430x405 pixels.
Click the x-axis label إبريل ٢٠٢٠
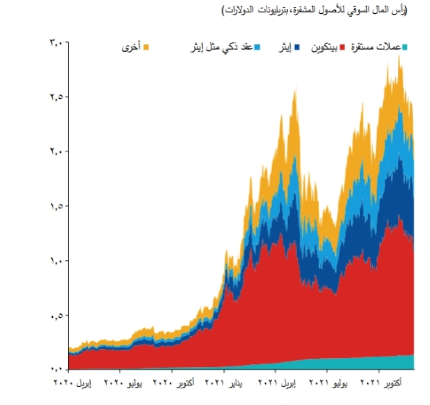point(73,382)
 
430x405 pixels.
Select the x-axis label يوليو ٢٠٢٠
point(123,382)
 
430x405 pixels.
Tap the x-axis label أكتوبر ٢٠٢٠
point(174,382)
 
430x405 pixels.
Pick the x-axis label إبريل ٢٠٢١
point(277,382)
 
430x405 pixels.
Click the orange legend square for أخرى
point(146,46)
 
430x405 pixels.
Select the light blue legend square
point(257,46)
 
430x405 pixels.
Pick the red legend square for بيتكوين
point(343,46)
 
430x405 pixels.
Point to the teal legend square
point(405,46)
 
